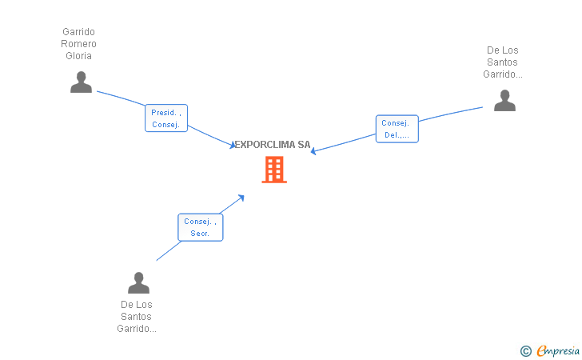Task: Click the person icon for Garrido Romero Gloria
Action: tap(81, 82)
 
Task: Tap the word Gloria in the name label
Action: tap(78, 56)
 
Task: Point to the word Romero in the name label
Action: tap(78, 44)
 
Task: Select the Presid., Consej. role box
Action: tap(166, 118)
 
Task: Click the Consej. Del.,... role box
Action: tap(397, 129)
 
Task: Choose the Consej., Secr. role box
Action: tap(200, 227)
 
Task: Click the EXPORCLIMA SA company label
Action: tap(272, 145)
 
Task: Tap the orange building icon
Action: tap(274, 170)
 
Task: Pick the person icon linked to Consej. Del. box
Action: tap(504, 100)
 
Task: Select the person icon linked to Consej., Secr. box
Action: tap(138, 282)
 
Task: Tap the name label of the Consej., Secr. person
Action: tap(137, 317)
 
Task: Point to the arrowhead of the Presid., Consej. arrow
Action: tap(233, 146)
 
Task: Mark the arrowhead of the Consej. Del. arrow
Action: tap(313, 151)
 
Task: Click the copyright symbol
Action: tap(525, 350)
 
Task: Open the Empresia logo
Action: tap(558, 350)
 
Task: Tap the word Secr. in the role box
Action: tap(200, 234)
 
